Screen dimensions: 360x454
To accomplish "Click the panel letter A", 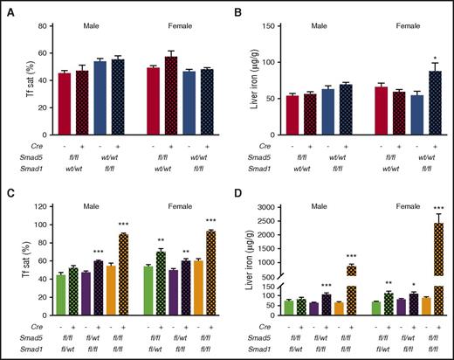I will pos(7,7).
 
